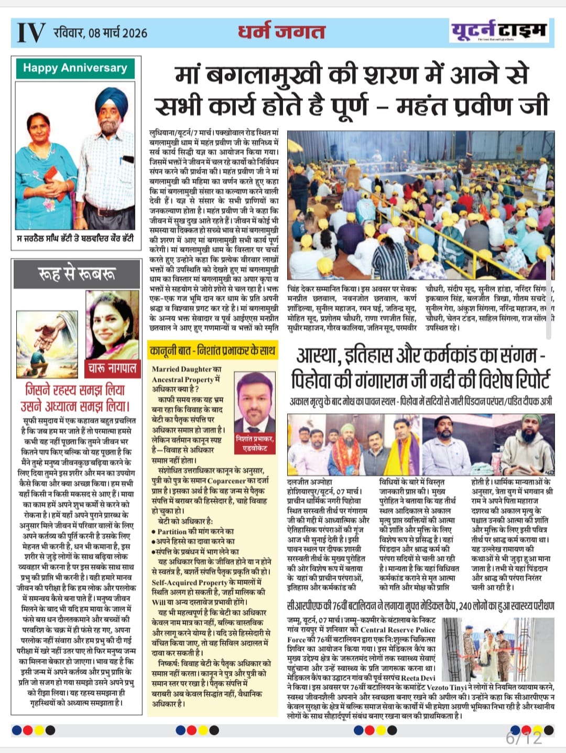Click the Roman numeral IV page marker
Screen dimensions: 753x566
coord(31,33)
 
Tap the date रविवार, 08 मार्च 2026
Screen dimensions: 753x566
coord(100,33)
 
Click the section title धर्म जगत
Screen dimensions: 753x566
coord(281,31)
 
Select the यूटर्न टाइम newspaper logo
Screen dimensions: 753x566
coord(498,31)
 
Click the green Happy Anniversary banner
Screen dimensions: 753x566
coord(75,68)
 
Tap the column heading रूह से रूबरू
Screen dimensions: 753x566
coord(76,274)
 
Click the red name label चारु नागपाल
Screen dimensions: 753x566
coord(112,368)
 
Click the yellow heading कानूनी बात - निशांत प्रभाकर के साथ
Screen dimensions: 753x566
coord(212,350)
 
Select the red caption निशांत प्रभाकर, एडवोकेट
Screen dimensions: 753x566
coord(255,443)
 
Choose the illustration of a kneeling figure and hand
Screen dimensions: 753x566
coord(47,344)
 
